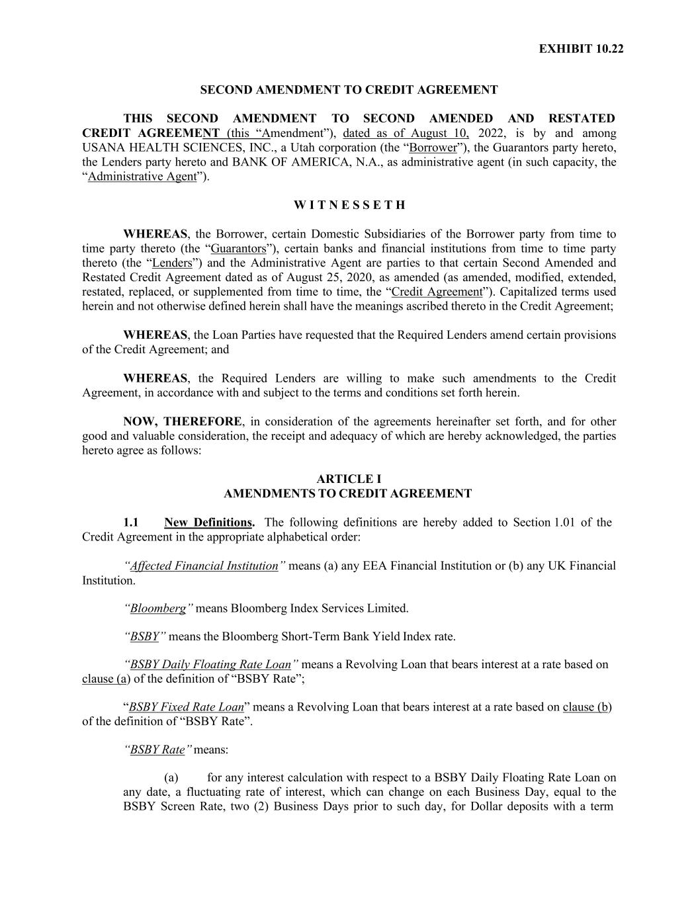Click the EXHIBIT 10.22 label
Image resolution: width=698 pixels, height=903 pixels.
[x=581, y=49]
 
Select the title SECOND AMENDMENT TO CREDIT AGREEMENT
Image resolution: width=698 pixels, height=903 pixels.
[x=349, y=89]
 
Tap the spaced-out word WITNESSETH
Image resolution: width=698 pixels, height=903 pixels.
[x=349, y=205]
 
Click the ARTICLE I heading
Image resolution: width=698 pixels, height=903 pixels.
[x=349, y=479]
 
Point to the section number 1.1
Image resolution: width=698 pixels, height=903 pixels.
[x=130, y=523]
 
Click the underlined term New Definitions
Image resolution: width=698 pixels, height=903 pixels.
[x=208, y=523]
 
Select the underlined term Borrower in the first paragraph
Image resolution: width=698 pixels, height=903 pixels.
[x=433, y=148]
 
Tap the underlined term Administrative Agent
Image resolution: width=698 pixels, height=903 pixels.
[x=142, y=177]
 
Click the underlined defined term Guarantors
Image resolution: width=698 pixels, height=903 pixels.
[x=238, y=249]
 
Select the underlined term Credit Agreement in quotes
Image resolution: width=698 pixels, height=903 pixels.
[x=437, y=292]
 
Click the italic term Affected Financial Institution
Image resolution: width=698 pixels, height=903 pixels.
[x=204, y=566]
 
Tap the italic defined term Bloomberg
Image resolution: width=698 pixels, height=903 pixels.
[x=158, y=609]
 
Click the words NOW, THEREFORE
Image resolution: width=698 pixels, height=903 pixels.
[x=183, y=422]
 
